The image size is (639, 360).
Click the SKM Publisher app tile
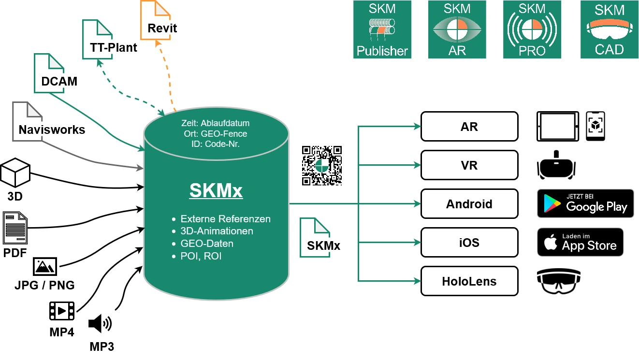tap(382, 29)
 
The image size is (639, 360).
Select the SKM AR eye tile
tap(457, 29)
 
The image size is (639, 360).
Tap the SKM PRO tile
tap(532, 29)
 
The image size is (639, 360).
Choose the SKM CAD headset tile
tap(609, 29)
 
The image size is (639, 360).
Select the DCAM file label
tap(59, 81)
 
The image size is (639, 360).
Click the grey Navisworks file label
tap(52, 130)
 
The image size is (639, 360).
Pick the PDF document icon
tap(15, 227)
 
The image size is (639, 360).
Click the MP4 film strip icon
tap(62, 311)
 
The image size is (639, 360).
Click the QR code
tap(321, 165)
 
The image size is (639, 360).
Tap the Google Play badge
tap(585, 203)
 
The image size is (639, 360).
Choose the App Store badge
tap(580, 242)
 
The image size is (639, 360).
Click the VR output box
tap(469, 165)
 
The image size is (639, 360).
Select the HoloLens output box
tap(469, 281)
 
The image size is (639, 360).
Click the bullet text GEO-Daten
tap(207, 244)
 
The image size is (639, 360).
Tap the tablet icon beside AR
tap(557, 126)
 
